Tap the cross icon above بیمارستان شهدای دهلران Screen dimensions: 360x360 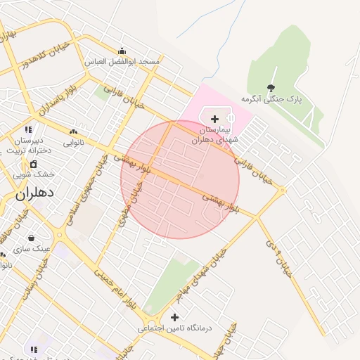coord(214,120)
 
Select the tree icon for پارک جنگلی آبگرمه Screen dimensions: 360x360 coord(271,89)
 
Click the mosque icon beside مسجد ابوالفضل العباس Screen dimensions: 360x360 coord(122,51)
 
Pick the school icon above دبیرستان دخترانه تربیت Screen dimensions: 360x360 coord(28,129)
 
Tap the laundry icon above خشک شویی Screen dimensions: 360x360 coord(33,164)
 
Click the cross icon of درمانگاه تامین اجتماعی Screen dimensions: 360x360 coord(174,317)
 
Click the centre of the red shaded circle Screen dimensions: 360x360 coord(180,179)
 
